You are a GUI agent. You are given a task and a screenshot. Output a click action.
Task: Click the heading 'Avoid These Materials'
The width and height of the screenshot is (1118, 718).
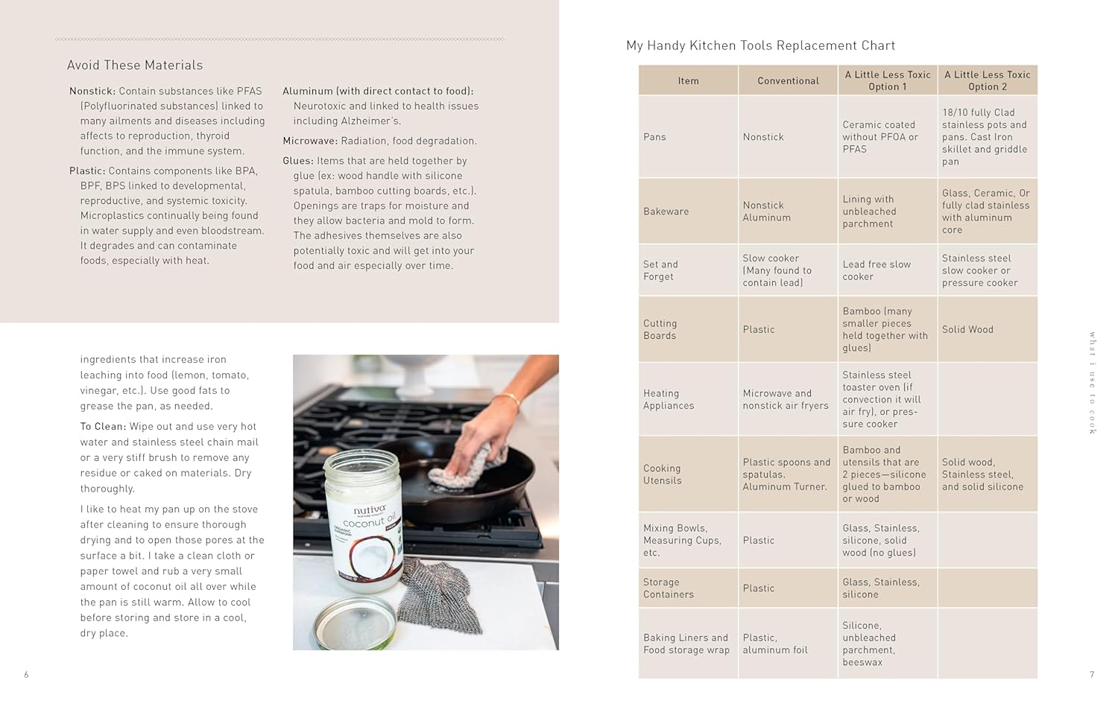(135, 66)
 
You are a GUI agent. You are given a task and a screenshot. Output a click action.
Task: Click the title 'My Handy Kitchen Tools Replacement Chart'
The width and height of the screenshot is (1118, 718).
(760, 45)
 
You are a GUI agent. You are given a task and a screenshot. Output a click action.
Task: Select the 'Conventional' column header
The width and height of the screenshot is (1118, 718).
(788, 80)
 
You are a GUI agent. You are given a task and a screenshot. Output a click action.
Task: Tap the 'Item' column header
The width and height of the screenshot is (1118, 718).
(688, 80)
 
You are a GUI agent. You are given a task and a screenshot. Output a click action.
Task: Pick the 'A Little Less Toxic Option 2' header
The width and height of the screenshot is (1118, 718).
(987, 80)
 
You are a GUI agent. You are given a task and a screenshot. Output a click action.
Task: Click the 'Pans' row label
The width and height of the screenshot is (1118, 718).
(654, 137)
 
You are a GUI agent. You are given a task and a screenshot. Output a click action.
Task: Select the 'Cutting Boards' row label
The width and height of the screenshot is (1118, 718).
(660, 329)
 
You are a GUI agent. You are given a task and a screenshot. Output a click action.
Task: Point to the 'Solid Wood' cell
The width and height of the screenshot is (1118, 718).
(967, 329)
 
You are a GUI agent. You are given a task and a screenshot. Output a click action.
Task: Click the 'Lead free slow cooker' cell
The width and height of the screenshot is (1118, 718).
(876, 270)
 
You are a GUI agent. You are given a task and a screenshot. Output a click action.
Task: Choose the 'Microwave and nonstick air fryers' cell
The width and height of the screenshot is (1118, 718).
(785, 399)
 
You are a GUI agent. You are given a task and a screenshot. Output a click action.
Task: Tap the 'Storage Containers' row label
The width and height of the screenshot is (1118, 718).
(668, 588)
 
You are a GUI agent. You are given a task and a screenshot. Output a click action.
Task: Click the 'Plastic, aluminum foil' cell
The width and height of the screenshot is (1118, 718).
(774, 644)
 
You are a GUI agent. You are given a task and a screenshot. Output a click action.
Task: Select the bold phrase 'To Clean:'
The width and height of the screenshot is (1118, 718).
(103, 427)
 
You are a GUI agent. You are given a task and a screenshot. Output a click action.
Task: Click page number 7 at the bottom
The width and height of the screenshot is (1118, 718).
(1091, 675)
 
